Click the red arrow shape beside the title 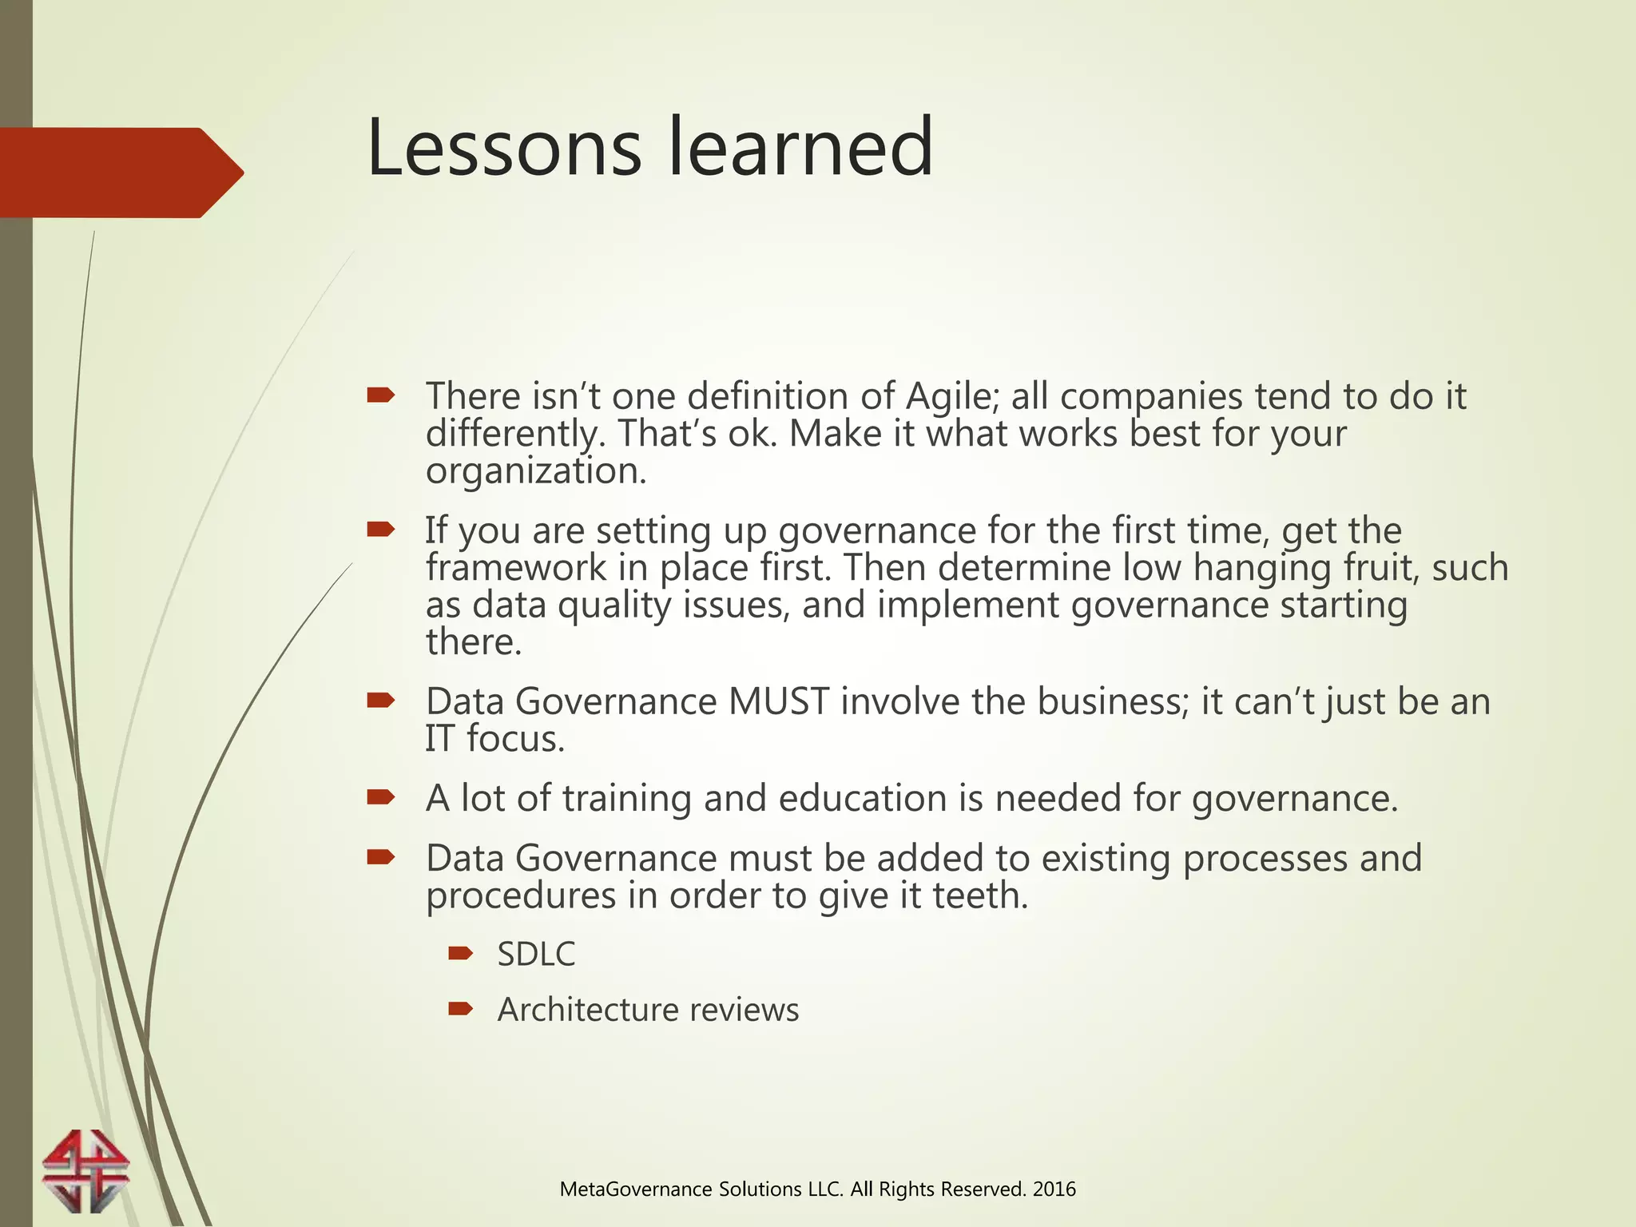pos(120,173)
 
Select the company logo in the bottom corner pos(85,1170)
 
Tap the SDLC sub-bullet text pos(536,955)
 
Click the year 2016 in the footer pos(1054,1189)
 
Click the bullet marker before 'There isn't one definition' pos(381,395)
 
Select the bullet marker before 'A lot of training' pos(381,796)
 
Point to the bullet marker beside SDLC pos(461,953)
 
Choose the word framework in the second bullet pos(516,568)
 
